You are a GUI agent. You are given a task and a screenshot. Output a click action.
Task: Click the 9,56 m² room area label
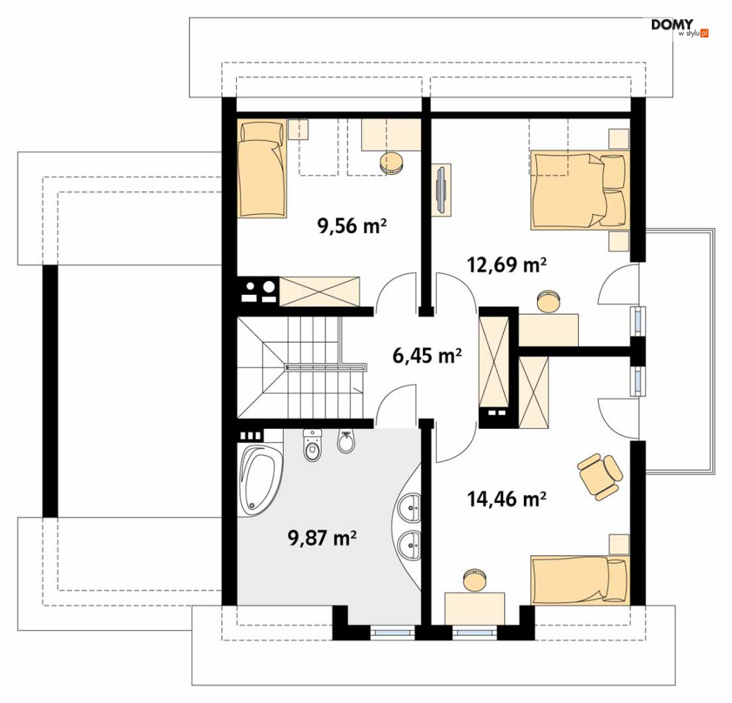pyautogui.click(x=352, y=226)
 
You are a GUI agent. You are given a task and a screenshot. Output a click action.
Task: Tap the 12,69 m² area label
pyautogui.click(x=507, y=265)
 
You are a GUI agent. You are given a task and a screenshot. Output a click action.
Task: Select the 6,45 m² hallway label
pyautogui.click(x=427, y=356)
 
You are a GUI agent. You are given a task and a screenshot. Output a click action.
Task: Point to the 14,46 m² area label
pyautogui.click(x=507, y=499)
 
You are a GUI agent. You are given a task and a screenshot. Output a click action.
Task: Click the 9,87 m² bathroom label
pyautogui.click(x=322, y=538)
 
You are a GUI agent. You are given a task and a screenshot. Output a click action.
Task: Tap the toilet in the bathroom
pyautogui.click(x=313, y=445)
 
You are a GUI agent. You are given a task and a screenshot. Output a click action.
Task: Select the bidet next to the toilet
pyautogui.click(x=346, y=441)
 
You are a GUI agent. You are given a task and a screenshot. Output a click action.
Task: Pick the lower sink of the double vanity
pyautogui.click(x=410, y=544)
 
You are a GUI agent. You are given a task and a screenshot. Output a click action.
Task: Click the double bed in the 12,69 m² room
pyautogui.click(x=580, y=190)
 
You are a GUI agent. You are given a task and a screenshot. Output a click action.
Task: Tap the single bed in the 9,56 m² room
pyautogui.click(x=261, y=168)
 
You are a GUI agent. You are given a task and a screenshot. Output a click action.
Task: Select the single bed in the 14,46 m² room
pyautogui.click(x=580, y=580)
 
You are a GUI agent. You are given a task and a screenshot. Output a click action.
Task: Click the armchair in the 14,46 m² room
pyautogui.click(x=600, y=477)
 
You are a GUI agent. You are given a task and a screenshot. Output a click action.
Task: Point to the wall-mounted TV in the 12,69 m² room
pyautogui.click(x=441, y=190)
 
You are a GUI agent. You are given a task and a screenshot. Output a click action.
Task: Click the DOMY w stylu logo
pyautogui.click(x=679, y=28)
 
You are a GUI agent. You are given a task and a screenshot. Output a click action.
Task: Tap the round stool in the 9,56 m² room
pyautogui.click(x=391, y=163)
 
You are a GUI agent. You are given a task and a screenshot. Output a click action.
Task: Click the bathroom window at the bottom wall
pyautogui.click(x=392, y=633)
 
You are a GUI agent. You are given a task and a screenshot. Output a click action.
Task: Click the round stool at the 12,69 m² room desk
pyautogui.click(x=550, y=301)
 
